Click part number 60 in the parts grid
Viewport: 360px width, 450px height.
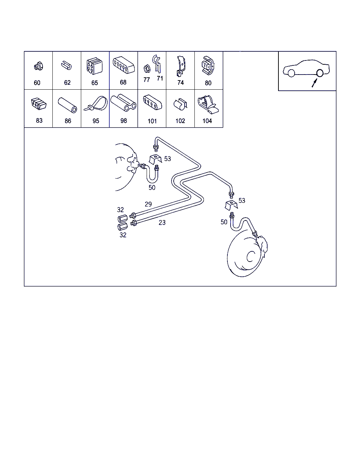(x=37, y=83)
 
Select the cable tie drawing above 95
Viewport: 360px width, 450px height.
(x=96, y=103)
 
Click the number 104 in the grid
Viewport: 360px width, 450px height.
(x=207, y=121)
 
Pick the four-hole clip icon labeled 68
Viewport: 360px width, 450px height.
(x=124, y=65)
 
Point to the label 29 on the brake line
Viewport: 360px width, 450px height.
(x=148, y=204)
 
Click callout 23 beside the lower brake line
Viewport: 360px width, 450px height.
(x=162, y=223)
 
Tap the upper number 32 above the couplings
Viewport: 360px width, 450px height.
(x=120, y=210)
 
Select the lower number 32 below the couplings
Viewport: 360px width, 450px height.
(x=123, y=235)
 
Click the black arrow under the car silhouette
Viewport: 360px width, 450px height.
(x=314, y=83)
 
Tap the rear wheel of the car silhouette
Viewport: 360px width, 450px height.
(x=320, y=73)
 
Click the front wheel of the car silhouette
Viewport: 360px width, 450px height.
(x=291, y=73)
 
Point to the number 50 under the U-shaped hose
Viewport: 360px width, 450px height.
(x=152, y=188)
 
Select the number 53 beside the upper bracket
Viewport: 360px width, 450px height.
(x=167, y=159)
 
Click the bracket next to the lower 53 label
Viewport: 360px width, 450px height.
(x=231, y=205)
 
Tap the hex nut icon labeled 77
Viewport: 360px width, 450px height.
(x=147, y=69)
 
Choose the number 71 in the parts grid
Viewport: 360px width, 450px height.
(x=160, y=78)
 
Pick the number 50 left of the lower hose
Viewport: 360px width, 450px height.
(x=224, y=222)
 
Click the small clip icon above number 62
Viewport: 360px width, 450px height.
(x=66, y=65)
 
